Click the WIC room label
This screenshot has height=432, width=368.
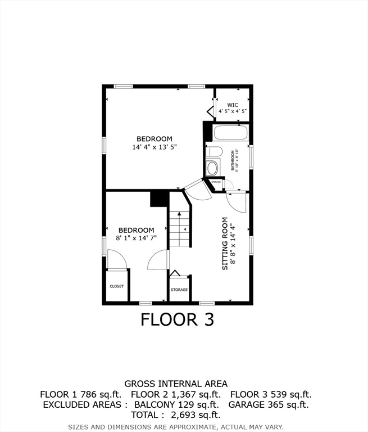[233, 105]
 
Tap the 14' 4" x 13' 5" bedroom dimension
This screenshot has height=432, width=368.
[154, 147]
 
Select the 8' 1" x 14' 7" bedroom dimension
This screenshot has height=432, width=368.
[136, 238]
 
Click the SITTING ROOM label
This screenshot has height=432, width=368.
[225, 244]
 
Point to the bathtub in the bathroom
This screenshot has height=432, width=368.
[231, 134]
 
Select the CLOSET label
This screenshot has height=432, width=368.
[117, 286]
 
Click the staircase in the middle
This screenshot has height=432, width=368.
[180, 227]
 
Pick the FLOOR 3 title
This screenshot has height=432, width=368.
[177, 319]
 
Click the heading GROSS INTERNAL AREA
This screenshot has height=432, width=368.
[175, 384]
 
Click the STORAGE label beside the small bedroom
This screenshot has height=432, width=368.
[179, 290]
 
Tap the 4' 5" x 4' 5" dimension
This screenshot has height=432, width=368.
[233, 111]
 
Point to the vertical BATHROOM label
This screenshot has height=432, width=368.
[233, 160]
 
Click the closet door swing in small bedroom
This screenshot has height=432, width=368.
[116, 260]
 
